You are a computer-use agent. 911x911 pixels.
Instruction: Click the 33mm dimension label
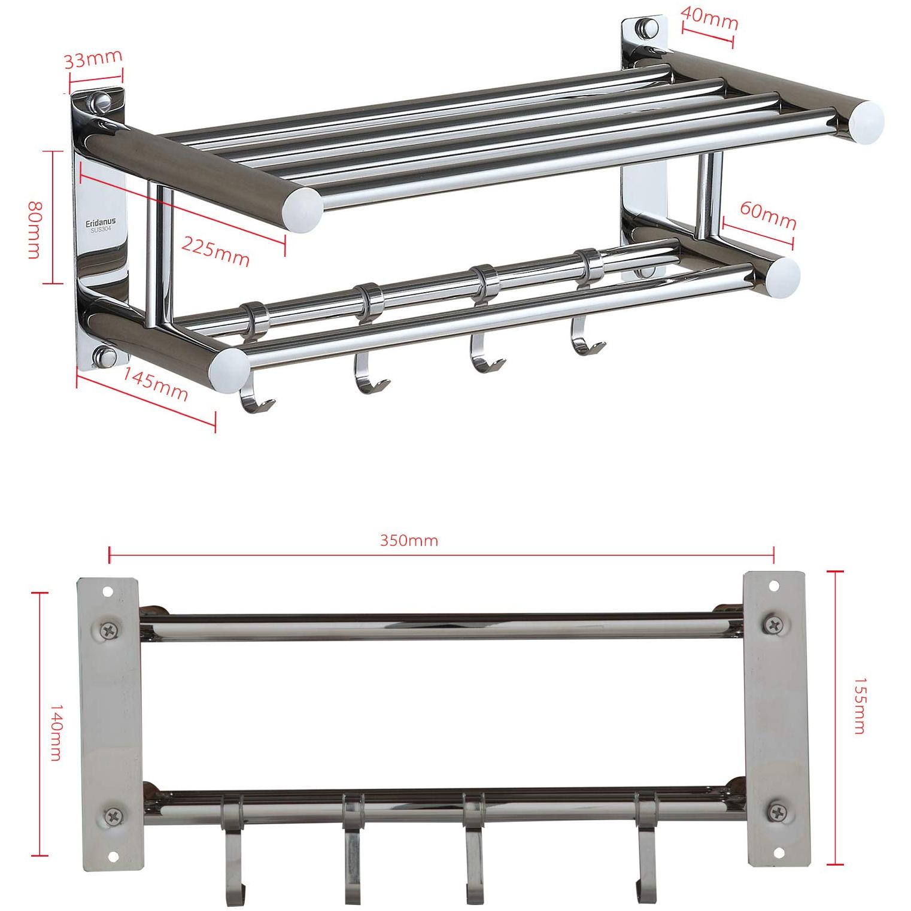(x=93, y=59)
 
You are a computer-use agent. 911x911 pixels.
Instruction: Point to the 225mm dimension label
(x=215, y=251)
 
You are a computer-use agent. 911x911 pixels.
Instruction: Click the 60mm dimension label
(x=768, y=215)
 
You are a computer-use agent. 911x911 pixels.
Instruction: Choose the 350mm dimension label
(x=409, y=540)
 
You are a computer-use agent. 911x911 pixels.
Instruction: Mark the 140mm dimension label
(x=55, y=731)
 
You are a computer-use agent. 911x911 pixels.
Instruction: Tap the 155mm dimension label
(x=859, y=705)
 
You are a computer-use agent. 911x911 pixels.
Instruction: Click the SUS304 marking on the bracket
(x=101, y=229)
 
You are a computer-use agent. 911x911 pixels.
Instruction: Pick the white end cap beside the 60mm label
(x=781, y=276)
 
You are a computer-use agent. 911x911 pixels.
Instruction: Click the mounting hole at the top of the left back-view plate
(x=108, y=592)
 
